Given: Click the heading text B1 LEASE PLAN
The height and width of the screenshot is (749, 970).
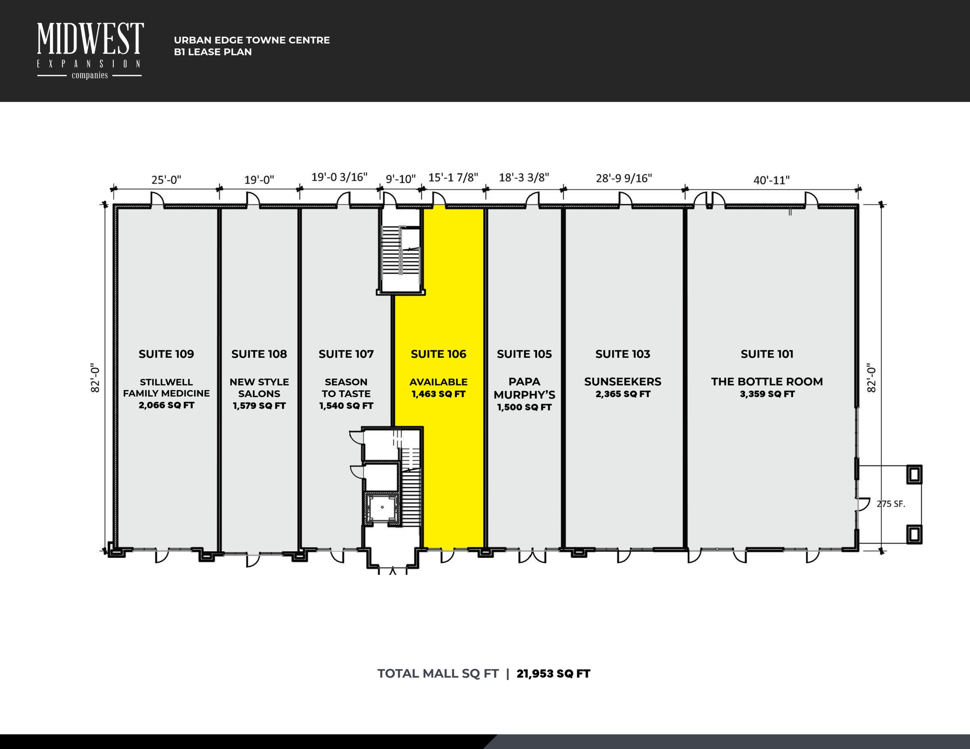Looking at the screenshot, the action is click(213, 52).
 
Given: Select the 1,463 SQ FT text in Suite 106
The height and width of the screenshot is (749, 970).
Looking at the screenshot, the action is click(438, 394).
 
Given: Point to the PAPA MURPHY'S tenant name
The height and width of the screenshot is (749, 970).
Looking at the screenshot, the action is click(524, 388).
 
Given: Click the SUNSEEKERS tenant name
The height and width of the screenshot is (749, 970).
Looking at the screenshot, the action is click(623, 381).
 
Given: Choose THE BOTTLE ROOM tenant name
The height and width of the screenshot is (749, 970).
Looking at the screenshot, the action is click(767, 381).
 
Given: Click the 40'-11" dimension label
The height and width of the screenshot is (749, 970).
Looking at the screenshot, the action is click(771, 180).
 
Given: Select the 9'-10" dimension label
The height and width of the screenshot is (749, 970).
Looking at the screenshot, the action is click(401, 179).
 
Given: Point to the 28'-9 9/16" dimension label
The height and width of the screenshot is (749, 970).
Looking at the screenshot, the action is click(624, 178).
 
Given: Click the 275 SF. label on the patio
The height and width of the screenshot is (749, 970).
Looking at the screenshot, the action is click(890, 504).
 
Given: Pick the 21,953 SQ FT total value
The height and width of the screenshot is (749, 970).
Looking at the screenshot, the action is click(554, 674).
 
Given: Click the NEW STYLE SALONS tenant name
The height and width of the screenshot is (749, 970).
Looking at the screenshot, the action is click(260, 388).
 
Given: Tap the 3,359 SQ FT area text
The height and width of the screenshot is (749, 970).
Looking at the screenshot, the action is click(767, 394).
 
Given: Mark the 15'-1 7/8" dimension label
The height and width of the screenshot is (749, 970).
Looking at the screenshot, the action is click(453, 177).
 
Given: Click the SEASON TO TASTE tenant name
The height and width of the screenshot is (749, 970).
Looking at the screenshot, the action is click(346, 388).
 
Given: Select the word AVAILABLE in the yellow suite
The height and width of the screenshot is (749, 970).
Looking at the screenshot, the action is click(438, 382).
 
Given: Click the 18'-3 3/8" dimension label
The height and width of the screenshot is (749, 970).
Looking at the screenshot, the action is click(524, 177).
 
